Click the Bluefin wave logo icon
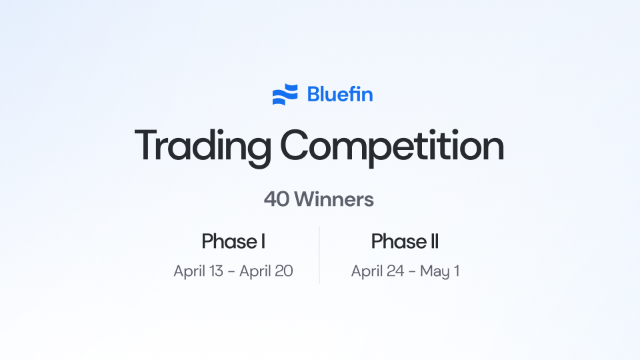(x=285, y=95)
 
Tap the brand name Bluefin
(x=340, y=95)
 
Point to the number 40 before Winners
(x=276, y=199)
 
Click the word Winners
(x=334, y=199)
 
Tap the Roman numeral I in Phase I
(x=263, y=241)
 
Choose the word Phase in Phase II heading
(x=397, y=241)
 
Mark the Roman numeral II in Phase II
(x=433, y=241)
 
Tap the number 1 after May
(x=456, y=272)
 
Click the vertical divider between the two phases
(x=319, y=255)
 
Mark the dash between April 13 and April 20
(x=237, y=272)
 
